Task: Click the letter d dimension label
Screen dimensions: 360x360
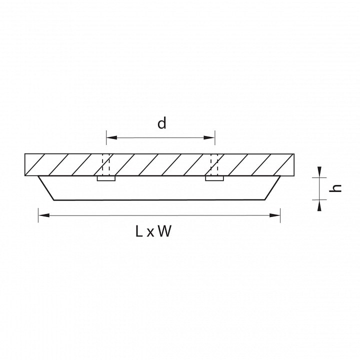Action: point(161,123)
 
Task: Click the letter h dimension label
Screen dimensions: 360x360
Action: point(335,188)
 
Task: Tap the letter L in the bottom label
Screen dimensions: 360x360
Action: point(139,231)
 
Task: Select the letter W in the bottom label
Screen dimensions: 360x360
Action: point(165,231)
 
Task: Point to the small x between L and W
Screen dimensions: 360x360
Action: point(150,232)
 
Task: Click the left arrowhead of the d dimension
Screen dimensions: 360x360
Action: point(112,137)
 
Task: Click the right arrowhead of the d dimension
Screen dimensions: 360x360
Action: point(209,137)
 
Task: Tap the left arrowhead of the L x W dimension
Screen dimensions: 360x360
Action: point(44,215)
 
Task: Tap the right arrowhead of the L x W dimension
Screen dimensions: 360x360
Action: point(275,215)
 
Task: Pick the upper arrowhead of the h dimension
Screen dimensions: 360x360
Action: point(319,172)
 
